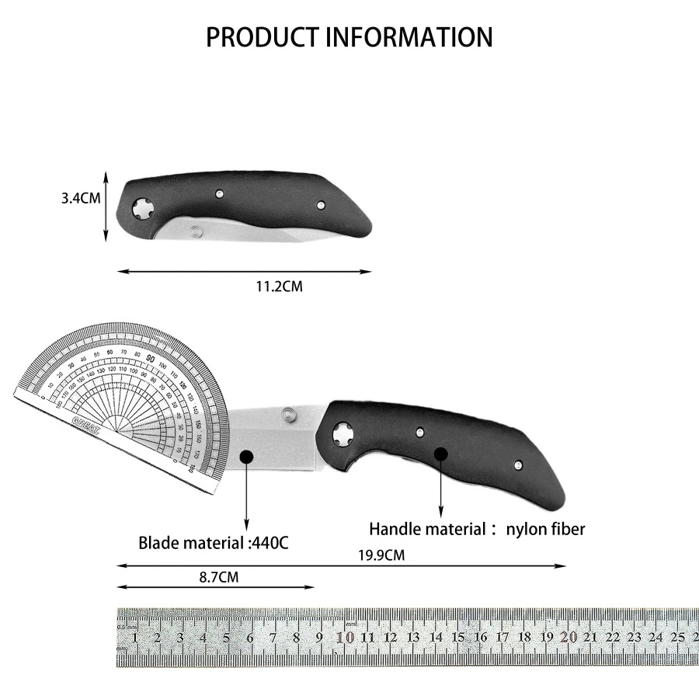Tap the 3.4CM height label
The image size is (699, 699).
point(81,198)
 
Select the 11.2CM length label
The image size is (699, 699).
point(279,287)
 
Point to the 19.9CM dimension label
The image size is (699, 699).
point(381,555)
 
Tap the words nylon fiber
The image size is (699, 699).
point(545,530)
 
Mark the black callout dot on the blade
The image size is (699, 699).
point(246,457)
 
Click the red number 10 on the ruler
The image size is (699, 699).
point(346,638)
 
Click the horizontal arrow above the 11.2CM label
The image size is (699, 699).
point(244,271)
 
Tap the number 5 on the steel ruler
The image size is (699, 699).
point(226,638)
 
